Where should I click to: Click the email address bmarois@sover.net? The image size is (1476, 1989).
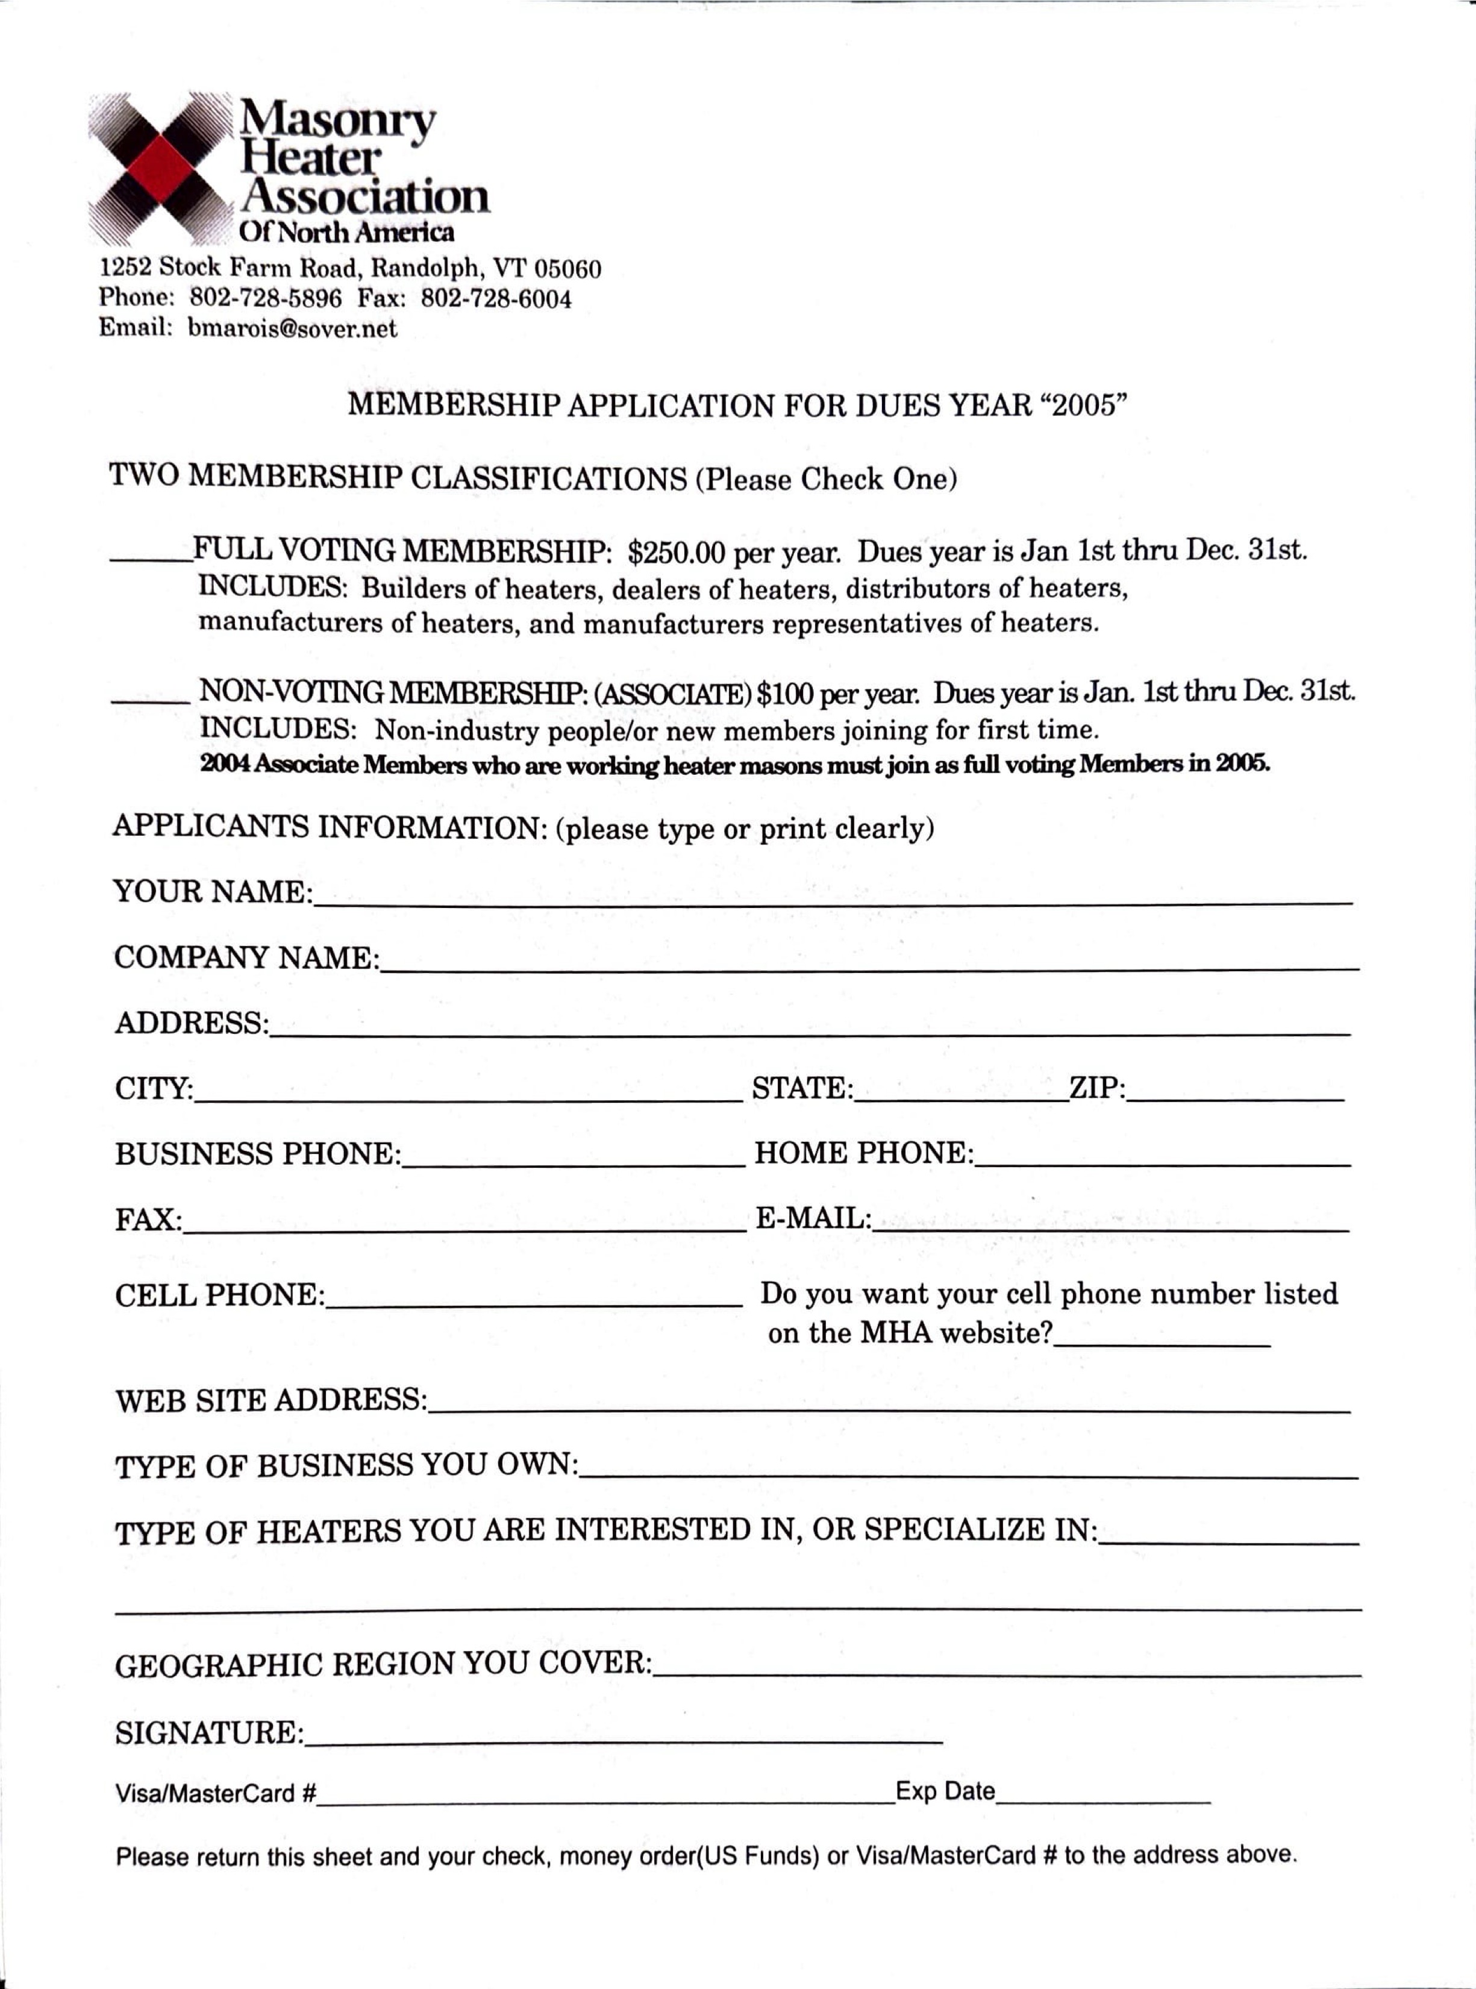point(292,329)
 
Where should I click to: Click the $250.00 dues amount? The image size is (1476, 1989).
point(677,554)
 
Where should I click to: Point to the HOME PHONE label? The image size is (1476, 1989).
point(864,1153)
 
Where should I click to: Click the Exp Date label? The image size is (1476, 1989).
point(945,1791)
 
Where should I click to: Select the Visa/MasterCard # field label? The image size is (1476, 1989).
point(215,1793)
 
